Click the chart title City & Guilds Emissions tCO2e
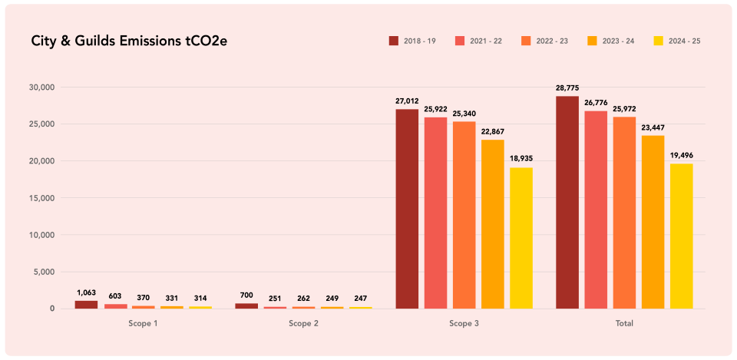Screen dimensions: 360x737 pos(129,41)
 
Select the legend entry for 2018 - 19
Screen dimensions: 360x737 pos(412,41)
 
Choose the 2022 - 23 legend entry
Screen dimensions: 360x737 pos(544,41)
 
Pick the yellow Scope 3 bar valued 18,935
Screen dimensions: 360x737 pos(521,238)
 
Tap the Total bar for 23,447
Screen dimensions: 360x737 pos(653,222)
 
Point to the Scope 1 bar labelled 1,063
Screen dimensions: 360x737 pos(86,305)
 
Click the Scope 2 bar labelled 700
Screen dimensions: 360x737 pos(246,306)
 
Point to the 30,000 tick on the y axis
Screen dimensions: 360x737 pos(40,88)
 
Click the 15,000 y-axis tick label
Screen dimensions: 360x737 pos(40,198)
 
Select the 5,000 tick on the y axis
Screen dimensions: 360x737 pos(42,272)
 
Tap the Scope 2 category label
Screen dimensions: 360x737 pos(303,324)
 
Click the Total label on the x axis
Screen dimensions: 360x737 pos(624,324)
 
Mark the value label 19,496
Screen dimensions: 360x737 pos(681,155)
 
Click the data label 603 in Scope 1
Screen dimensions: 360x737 pos(114,296)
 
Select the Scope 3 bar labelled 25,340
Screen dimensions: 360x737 pos(464,215)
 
